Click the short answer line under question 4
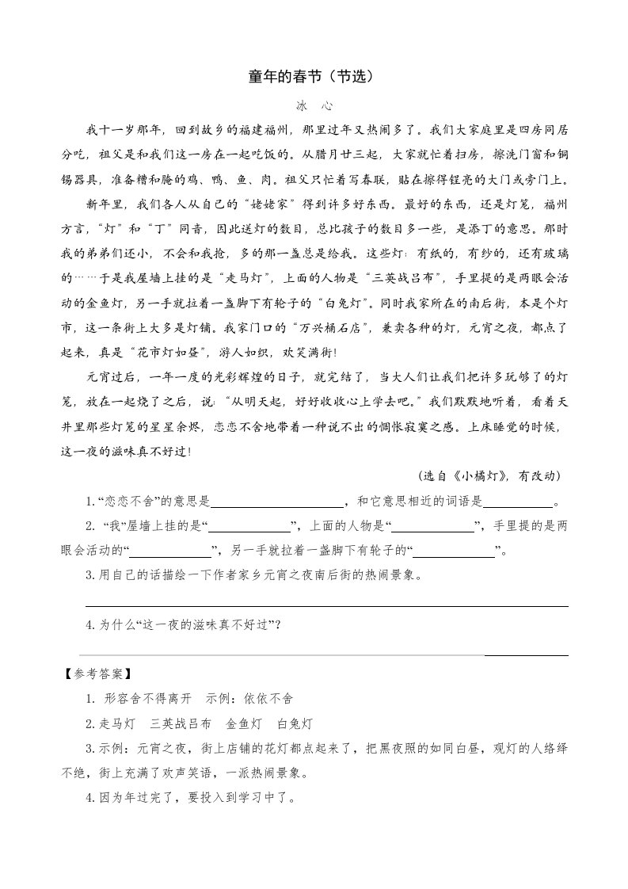526,655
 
